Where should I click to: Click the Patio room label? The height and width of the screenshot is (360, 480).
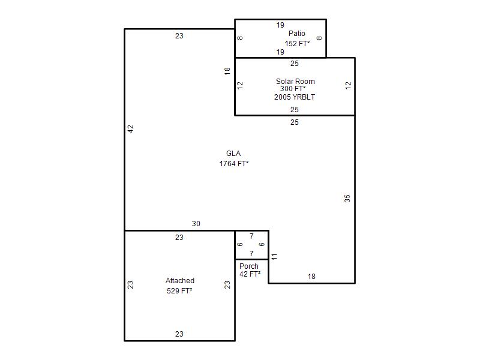coord(296,34)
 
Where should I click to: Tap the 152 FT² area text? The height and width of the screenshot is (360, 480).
coord(297,43)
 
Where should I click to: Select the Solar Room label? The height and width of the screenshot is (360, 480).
coord(295,82)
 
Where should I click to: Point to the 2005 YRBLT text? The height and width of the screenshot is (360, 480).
coord(295,97)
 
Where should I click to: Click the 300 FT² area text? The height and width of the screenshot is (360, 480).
coord(293,89)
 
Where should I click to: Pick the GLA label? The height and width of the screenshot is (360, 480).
coord(233,154)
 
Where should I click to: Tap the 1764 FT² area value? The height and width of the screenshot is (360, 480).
coord(234,164)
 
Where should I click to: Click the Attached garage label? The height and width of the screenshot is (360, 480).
coord(180,280)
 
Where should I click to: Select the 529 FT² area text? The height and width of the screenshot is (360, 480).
coord(179,291)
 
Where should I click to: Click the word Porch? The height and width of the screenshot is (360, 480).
coord(249,266)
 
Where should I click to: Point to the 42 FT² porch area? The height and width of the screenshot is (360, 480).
coord(250,274)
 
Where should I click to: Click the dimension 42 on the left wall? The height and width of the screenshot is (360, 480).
coord(131,129)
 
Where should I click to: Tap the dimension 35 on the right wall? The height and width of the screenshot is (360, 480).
coord(347,199)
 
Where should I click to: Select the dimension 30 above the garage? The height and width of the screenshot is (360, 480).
coord(196,224)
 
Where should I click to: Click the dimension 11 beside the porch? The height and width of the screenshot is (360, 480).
coord(274,256)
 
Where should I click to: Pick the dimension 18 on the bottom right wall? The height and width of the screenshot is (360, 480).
coord(311,277)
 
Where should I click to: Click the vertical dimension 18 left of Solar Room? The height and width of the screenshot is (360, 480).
coord(227,71)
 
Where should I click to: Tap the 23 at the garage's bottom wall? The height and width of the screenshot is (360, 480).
coord(179,334)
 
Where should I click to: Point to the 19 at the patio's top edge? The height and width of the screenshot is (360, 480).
coord(280,25)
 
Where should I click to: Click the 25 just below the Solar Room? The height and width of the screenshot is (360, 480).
coord(295,122)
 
